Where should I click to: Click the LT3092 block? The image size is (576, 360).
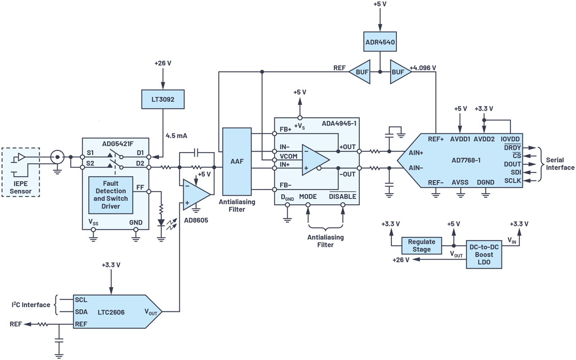(x=163, y=99)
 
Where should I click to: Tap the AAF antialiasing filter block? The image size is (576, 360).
(x=237, y=161)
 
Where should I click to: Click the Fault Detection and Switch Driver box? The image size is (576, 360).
(x=111, y=195)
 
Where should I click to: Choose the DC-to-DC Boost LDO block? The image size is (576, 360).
(x=484, y=254)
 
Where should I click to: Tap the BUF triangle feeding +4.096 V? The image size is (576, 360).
(x=400, y=71)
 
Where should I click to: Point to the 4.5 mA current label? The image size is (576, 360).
(x=177, y=135)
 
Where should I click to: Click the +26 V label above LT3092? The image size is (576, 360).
(x=163, y=63)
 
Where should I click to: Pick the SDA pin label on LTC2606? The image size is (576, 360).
(x=81, y=311)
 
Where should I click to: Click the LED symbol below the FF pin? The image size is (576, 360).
(x=161, y=223)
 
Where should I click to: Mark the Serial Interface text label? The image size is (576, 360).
(x=560, y=164)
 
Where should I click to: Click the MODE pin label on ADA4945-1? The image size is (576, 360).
(x=308, y=197)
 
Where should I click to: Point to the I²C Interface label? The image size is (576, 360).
(x=30, y=305)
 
